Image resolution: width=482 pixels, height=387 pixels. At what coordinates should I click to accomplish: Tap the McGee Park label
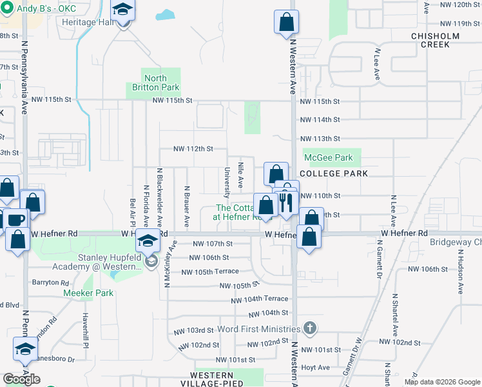point(328,157)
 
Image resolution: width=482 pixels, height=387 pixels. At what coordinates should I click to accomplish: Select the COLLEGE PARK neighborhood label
point(334,174)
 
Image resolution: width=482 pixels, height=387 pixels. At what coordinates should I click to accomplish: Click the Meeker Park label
point(88,293)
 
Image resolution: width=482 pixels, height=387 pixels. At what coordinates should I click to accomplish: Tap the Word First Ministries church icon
point(310,328)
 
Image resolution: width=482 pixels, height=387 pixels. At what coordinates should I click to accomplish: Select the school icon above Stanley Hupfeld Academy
point(148,243)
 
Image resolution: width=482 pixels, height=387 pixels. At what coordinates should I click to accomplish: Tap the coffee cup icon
point(16,219)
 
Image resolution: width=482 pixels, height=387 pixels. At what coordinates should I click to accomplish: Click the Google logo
point(21,379)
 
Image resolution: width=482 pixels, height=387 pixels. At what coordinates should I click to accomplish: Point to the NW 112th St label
point(193,148)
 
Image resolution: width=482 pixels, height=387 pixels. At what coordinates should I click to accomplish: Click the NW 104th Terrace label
point(260,299)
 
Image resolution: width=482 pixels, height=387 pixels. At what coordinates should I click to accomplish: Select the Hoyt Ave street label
point(316,368)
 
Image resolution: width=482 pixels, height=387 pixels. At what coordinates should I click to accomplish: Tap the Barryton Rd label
point(51,283)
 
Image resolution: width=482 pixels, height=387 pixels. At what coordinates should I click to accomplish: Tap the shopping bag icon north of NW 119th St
point(286,22)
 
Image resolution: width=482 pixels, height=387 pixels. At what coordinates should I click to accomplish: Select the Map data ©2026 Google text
point(442,382)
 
